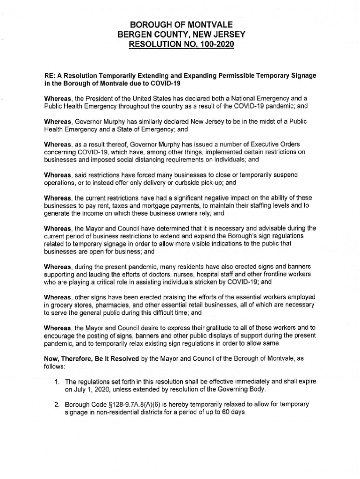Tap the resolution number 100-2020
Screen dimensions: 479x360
(x=212, y=45)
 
